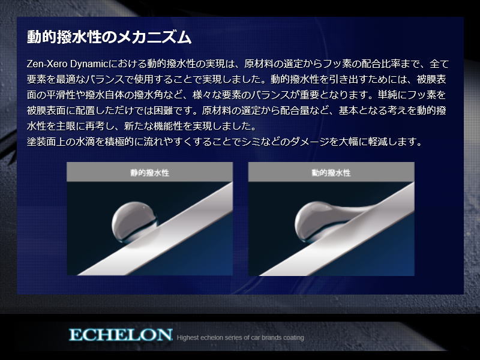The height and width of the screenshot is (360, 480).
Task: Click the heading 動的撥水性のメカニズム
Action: pos(109,37)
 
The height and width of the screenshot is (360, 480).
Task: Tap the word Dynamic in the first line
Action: pos(89,64)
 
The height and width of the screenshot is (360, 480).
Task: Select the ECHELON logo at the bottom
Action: pos(121,335)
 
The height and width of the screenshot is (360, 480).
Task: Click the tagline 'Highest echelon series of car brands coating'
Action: pos(241,337)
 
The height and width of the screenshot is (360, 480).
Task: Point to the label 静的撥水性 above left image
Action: pos(149,173)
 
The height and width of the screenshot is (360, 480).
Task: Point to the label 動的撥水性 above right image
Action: pos(331,173)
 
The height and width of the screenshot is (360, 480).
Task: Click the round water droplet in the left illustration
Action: pos(134,221)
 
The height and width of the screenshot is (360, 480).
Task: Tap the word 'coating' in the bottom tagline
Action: pos(293,338)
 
